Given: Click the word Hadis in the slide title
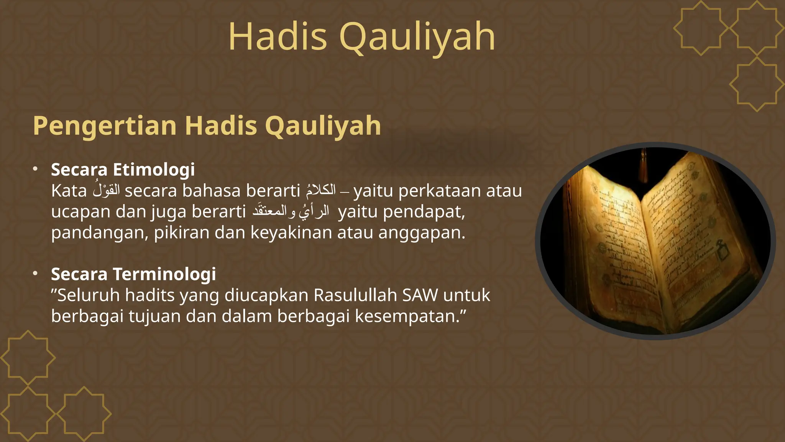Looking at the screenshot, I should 278,37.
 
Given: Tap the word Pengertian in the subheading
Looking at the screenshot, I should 104,126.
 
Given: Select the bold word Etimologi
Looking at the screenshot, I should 154,170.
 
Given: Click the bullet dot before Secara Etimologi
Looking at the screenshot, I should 35,169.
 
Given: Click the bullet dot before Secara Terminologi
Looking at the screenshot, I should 35,274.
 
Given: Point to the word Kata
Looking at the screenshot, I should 69,191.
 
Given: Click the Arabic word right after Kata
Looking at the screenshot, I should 106,190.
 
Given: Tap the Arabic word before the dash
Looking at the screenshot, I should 321,190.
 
